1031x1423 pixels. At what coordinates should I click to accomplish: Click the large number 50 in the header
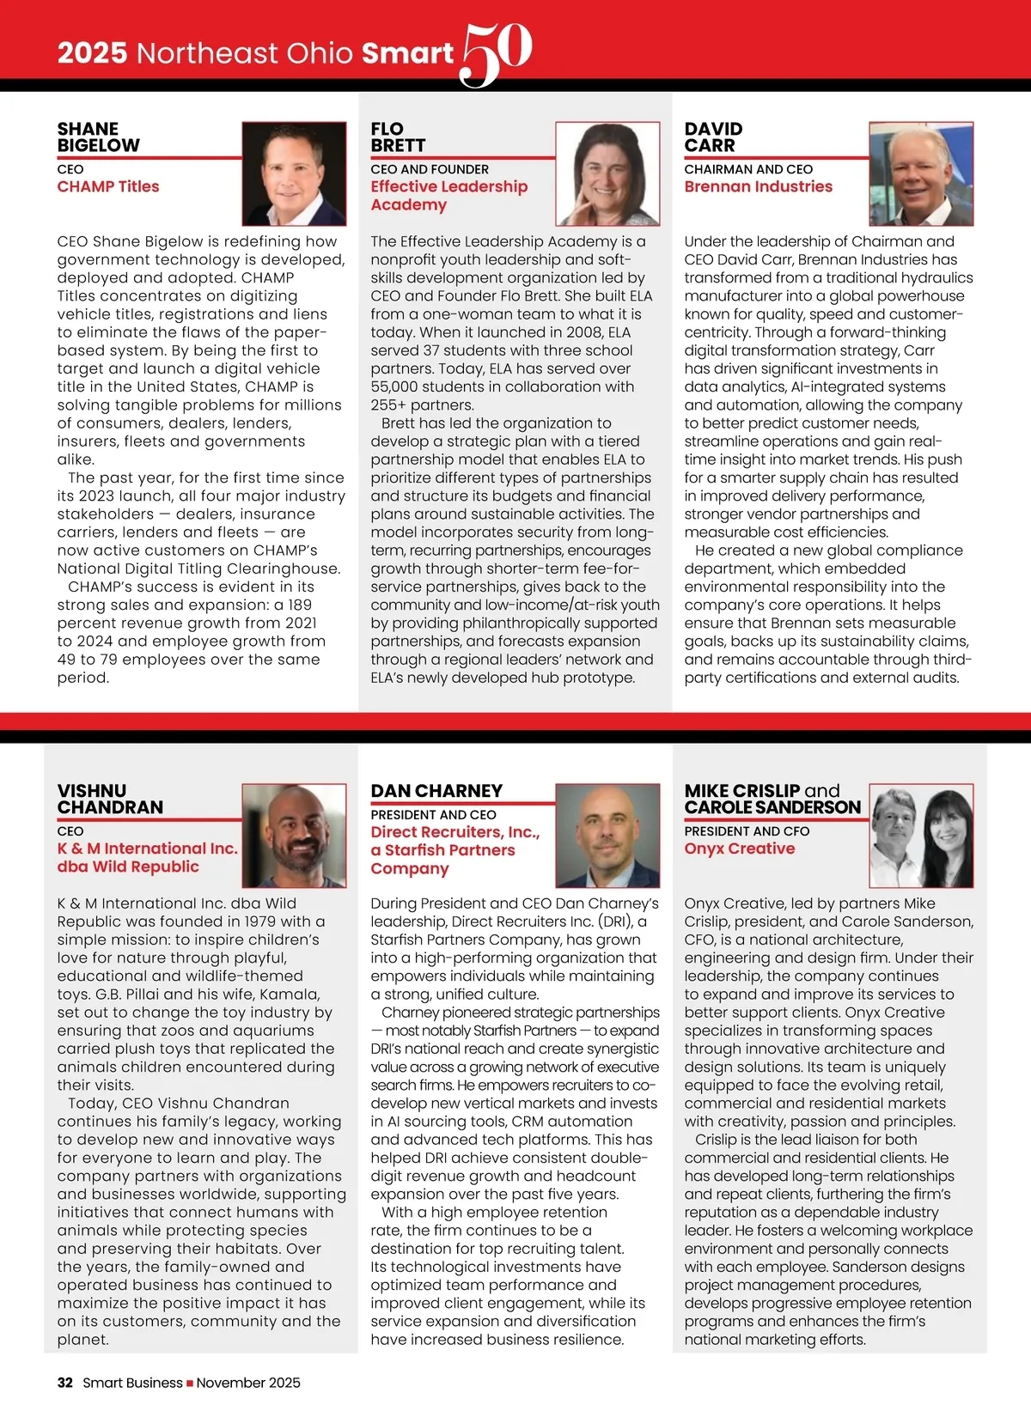[497, 53]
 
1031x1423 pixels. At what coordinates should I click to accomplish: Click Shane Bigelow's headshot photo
[294, 173]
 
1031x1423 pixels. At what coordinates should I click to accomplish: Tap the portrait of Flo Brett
[607, 173]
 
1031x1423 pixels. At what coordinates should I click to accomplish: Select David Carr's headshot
[921, 173]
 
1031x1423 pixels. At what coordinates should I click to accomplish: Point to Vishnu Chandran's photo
[294, 835]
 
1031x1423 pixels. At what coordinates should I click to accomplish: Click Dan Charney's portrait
[607, 835]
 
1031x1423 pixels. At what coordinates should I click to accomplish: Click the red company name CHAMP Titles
[108, 186]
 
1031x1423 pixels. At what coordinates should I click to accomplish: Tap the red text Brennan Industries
[758, 186]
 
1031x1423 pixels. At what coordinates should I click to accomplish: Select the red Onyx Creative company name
[739, 848]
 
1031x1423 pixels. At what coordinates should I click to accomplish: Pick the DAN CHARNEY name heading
[436, 791]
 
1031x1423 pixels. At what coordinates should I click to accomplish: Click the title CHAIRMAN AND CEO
[747, 169]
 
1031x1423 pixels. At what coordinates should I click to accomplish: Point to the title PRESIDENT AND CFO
[747, 831]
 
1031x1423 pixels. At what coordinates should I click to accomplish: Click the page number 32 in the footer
[64, 1383]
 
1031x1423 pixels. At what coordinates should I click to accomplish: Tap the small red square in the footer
[190, 1383]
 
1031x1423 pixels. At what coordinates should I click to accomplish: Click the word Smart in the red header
[406, 53]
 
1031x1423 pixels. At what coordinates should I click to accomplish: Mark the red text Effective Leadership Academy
[448, 195]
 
